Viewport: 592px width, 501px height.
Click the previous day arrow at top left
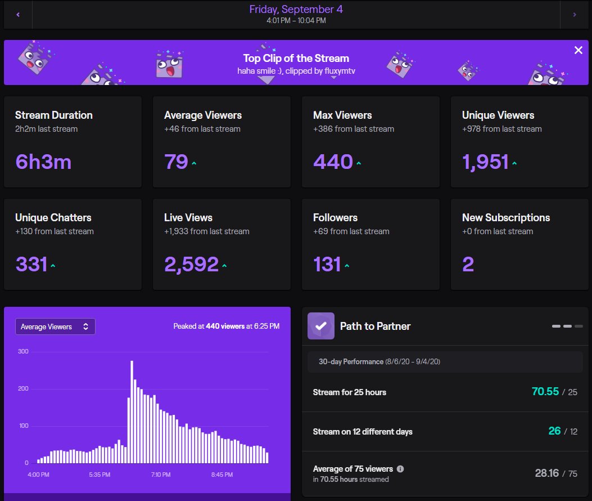click(18, 15)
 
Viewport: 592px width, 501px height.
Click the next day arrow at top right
click(574, 15)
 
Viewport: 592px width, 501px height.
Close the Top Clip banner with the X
click(578, 50)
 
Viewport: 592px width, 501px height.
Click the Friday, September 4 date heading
click(296, 10)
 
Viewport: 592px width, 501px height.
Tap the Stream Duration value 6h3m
click(43, 162)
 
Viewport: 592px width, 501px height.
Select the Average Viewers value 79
click(176, 162)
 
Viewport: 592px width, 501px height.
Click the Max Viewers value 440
click(333, 162)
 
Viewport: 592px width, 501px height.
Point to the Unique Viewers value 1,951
click(485, 162)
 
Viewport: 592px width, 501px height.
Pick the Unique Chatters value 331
click(31, 264)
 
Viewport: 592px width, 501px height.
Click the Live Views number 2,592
click(191, 264)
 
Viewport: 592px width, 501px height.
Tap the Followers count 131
click(327, 264)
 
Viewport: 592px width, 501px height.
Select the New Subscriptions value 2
click(468, 264)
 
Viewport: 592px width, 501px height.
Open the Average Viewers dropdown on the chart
click(55, 326)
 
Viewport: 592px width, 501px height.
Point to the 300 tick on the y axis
click(24, 351)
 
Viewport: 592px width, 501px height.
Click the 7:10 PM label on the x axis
click(161, 475)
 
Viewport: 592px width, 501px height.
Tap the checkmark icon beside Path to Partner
click(321, 326)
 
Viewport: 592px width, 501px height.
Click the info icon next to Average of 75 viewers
click(400, 468)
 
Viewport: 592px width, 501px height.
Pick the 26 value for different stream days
click(554, 431)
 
